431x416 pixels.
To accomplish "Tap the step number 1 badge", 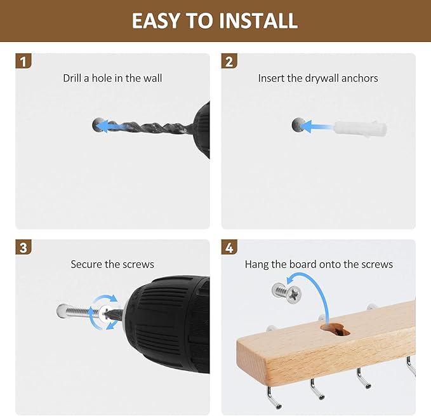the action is pos(23,61).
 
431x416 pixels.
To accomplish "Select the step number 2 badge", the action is pos(229,61).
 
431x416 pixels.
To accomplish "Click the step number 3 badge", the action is pos(23,247).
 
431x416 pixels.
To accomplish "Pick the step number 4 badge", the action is pos(229,247).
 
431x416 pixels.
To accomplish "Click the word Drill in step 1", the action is pos(72,78).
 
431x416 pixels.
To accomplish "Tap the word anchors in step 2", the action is pos(359,78).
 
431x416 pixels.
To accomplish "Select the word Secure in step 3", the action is pos(86,264).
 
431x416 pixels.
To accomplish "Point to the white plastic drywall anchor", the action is pos(360,128).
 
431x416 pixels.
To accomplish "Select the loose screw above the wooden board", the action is pos(287,293).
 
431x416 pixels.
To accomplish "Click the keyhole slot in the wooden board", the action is pos(335,330).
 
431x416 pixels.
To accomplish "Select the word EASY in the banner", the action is pos(156,20).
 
